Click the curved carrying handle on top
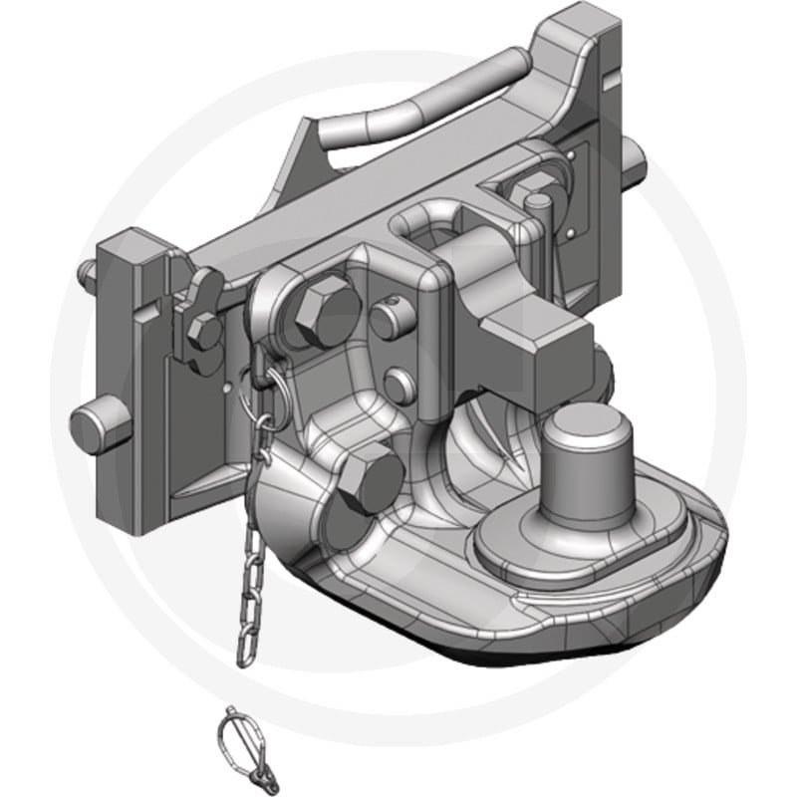[x=418, y=110]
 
